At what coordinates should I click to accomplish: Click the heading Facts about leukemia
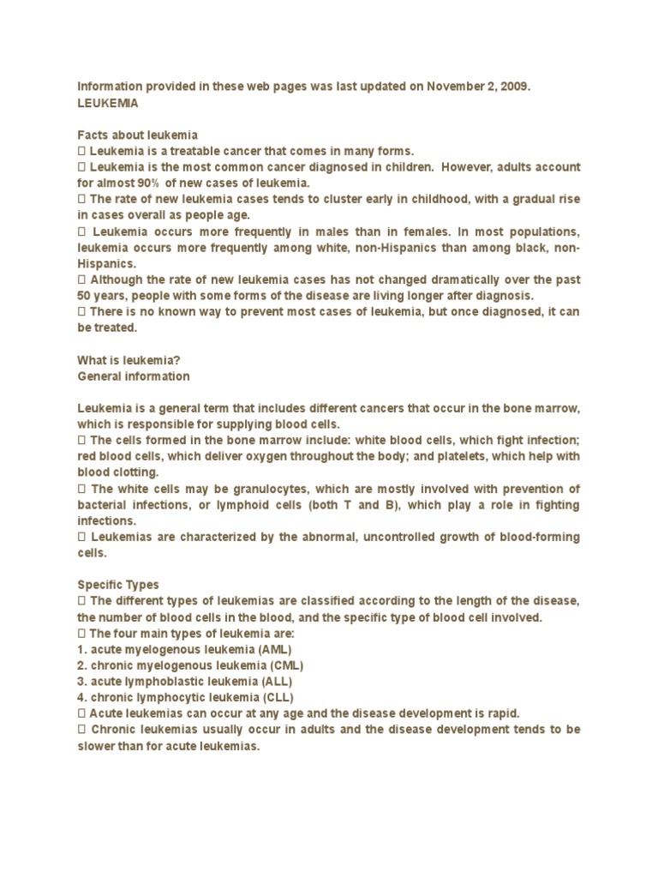coord(138,135)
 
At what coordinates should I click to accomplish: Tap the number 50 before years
coord(85,296)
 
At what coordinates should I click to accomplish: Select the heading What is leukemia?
coord(129,360)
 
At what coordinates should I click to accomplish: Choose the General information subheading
coord(134,376)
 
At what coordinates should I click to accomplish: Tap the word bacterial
coord(102,506)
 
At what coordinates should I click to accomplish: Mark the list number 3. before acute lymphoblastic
coord(82,682)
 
